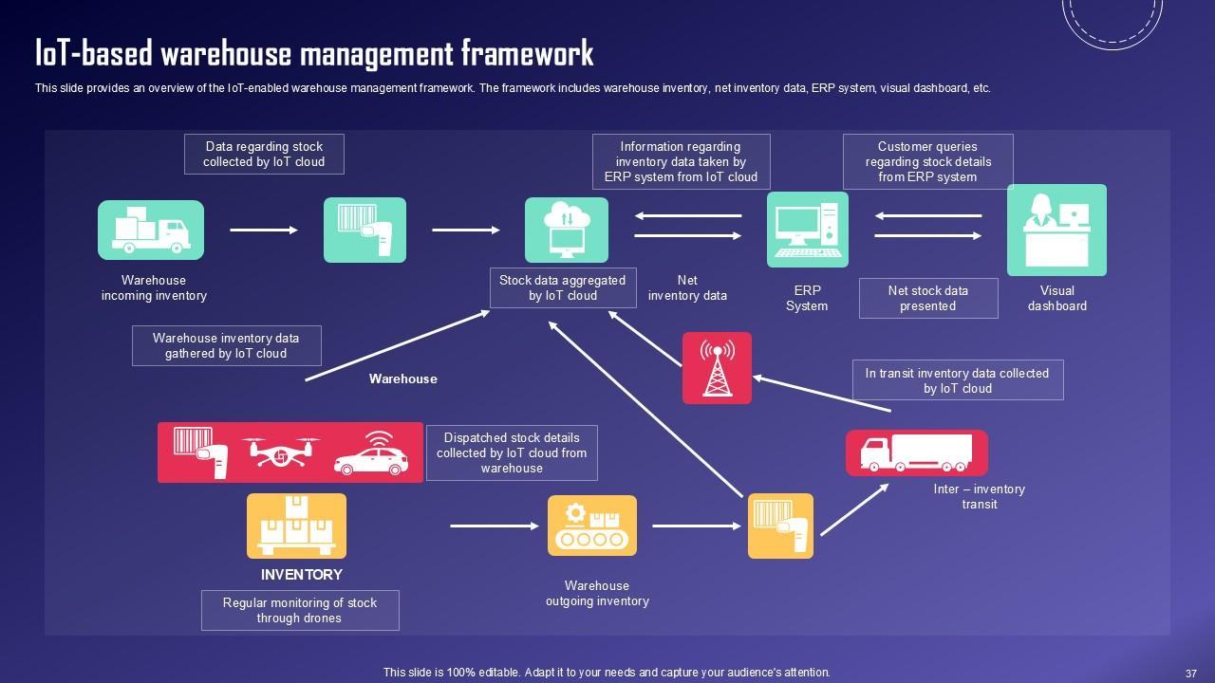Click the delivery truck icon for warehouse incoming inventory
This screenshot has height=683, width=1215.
pos(151,230)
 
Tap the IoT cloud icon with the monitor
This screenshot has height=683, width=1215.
pos(567,230)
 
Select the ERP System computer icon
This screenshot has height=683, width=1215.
pos(807,230)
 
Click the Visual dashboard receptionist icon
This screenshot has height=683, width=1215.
pos(1056,230)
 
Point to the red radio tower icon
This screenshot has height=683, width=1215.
pos(717,368)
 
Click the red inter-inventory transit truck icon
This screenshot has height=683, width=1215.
pos(916,452)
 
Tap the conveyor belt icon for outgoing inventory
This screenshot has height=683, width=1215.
pos(592,526)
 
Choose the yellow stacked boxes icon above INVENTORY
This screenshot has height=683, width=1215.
pos(296,526)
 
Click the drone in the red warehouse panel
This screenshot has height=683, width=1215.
pos(280,452)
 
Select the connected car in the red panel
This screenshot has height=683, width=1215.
pos(371,453)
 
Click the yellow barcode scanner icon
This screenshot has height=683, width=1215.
pos(780,526)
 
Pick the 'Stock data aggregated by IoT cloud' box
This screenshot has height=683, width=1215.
pos(563,288)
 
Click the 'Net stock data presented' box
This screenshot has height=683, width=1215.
pos(927,298)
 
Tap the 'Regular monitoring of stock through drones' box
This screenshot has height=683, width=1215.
pos(300,610)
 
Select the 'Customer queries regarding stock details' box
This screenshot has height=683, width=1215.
pos(927,161)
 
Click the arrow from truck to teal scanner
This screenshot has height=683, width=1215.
pos(264,230)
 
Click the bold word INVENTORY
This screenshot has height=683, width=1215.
pos(302,575)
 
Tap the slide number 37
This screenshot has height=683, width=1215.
pos(1190,673)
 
